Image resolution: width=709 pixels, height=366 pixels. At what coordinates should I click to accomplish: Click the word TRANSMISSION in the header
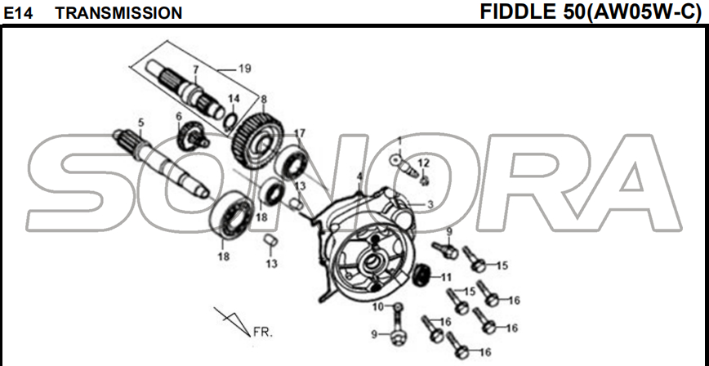pyautogui.click(x=118, y=14)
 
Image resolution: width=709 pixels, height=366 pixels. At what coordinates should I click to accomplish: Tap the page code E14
pyautogui.click(x=18, y=14)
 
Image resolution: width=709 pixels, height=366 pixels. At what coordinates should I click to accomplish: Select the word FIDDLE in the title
pyautogui.click(x=519, y=11)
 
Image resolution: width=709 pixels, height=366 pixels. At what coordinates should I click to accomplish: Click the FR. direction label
pyautogui.click(x=263, y=333)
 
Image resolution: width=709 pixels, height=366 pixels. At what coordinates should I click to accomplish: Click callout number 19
pyautogui.click(x=244, y=69)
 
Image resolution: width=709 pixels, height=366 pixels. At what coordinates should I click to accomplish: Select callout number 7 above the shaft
pyautogui.click(x=195, y=69)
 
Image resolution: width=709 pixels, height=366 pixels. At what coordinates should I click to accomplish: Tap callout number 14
pyautogui.click(x=234, y=99)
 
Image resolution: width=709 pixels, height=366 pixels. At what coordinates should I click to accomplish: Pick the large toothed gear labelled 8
pyautogui.click(x=256, y=141)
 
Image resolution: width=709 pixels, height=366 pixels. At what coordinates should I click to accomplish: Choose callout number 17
pyautogui.click(x=299, y=133)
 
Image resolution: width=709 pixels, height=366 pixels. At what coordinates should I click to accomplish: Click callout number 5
pyautogui.click(x=141, y=123)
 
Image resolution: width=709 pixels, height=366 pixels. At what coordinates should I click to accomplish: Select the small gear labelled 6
pyautogui.click(x=193, y=136)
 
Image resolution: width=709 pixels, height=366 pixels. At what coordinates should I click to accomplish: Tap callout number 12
pyautogui.click(x=424, y=163)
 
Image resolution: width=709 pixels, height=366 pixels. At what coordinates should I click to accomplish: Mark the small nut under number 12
pyautogui.click(x=424, y=181)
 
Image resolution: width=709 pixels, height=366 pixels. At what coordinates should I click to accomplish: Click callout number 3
pyautogui.click(x=430, y=204)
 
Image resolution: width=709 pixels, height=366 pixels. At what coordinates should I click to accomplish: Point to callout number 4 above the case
pyautogui.click(x=359, y=176)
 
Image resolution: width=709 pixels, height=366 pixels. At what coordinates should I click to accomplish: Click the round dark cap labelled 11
pyautogui.click(x=421, y=275)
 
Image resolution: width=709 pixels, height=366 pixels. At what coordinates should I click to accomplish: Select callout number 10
pyautogui.click(x=378, y=307)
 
